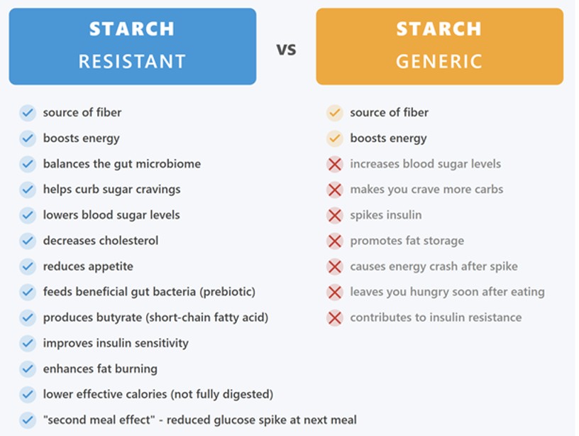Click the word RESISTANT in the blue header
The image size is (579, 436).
click(132, 61)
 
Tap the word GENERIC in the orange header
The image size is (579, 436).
click(439, 61)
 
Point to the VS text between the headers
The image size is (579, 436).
click(286, 50)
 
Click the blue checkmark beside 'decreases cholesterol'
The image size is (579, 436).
click(28, 241)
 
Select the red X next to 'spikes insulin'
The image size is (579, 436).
click(335, 215)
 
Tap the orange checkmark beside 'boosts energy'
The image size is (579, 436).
click(335, 138)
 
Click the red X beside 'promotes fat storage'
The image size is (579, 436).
click(335, 241)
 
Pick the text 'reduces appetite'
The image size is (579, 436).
click(88, 266)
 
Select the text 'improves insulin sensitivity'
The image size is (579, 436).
click(116, 343)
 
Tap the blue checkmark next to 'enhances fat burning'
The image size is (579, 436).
click(28, 369)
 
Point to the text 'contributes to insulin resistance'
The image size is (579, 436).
click(436, 317)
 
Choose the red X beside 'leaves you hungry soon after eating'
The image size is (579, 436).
click(335, 292)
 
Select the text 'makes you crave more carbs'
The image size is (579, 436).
click(426, 190)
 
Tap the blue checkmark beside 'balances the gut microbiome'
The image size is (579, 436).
click(28, 164)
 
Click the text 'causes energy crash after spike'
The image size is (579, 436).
click(434, 266)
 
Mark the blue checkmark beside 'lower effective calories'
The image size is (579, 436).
click(28, 394)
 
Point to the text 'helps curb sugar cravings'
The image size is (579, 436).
click(111, 190)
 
